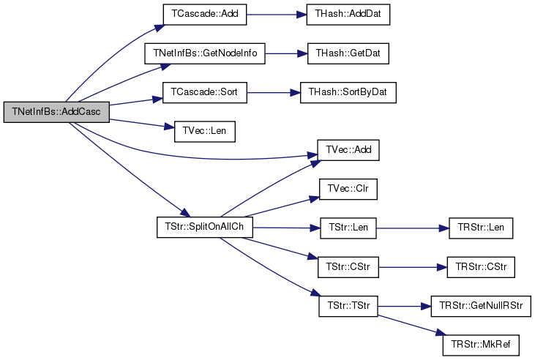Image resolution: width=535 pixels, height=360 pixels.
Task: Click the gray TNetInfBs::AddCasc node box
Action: point(56,112)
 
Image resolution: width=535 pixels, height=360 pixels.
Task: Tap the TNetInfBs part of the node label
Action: point(34,112)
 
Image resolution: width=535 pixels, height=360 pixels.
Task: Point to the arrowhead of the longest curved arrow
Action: point(313,155)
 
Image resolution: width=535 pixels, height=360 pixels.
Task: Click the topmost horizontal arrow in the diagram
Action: point(274,14)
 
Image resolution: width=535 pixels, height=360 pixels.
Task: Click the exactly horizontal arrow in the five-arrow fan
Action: point(285,228)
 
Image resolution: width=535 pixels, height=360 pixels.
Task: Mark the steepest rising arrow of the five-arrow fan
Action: point(267,189)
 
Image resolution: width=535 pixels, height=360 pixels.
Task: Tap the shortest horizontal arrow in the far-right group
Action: point(403,306)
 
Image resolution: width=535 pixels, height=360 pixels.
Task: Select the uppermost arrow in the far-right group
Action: point(410,228)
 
